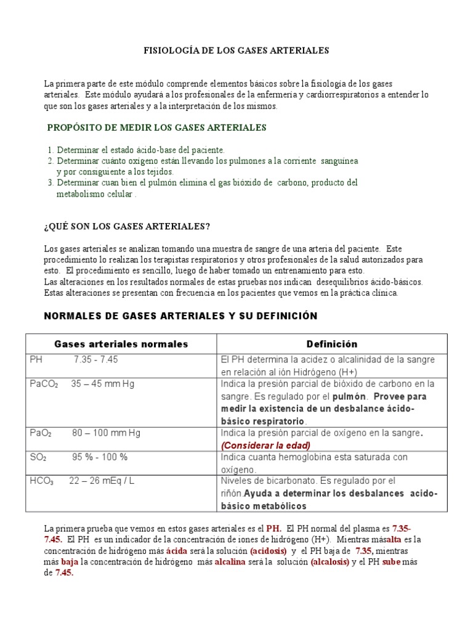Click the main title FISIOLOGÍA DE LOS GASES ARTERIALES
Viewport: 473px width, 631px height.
coord(236,51)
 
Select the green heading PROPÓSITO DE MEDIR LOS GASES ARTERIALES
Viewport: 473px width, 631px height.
coord(157,128)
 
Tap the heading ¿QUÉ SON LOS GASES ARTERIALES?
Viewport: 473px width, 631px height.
coord(127,226)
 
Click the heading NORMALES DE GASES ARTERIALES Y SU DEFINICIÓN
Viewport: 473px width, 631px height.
coord(180,316)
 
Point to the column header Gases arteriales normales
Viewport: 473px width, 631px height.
coord(121,344)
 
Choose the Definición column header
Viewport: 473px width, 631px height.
coord(332,344)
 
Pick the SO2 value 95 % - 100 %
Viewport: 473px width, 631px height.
coord(99,457)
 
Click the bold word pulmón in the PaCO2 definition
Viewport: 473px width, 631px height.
coord(350,396)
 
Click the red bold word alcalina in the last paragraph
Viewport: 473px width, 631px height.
coord(230,561)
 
